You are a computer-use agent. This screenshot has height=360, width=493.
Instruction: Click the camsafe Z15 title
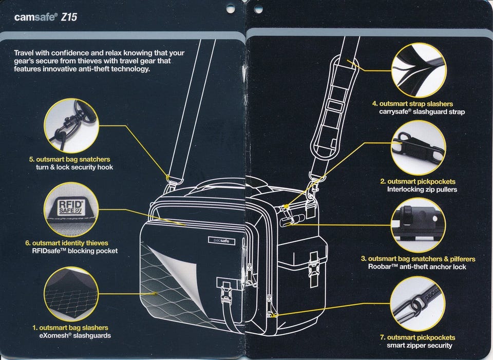click(46, 17)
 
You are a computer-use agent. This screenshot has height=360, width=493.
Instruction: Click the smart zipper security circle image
click(418, 304)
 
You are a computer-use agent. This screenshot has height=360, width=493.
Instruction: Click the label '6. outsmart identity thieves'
click(70, 243)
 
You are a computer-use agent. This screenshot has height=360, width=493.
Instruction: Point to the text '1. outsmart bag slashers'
click(70, 328)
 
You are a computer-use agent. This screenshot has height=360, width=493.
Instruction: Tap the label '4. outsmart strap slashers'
click(413, 104)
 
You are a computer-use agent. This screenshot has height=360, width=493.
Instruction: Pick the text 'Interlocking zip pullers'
click(422, 190)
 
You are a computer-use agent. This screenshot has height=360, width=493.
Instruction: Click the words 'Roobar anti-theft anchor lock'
click(417, 267)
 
